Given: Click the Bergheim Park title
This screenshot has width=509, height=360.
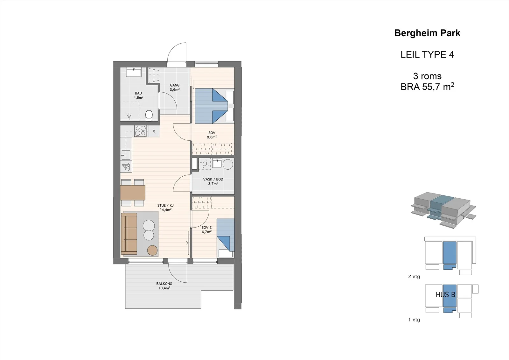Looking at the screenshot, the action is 427,33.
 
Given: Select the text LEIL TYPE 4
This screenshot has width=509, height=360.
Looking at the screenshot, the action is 427,54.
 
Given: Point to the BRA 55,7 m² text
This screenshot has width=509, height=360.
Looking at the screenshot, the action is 427,87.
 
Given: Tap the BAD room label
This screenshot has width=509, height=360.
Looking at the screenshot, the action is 138,93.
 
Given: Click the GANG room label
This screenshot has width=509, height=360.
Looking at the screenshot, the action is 175,85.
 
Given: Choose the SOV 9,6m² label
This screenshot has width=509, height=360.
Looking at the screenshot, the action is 212,135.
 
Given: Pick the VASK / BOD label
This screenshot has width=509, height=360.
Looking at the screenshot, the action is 213,179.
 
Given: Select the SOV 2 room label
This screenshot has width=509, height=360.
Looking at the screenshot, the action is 206,227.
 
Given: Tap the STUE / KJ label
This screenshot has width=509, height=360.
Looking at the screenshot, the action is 165,205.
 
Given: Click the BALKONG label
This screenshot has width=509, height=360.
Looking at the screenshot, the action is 164,284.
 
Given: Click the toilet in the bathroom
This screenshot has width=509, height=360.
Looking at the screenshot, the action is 149,116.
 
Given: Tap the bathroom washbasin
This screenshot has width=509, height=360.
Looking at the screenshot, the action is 134,72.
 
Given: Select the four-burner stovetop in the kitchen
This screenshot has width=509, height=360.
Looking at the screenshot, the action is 140,131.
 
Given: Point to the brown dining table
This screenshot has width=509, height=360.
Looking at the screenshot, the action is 133,193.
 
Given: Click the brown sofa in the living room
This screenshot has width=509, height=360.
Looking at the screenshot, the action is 129,234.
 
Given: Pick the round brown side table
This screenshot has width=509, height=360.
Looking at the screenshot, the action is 152,251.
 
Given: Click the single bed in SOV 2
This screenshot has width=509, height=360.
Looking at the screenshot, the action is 226,238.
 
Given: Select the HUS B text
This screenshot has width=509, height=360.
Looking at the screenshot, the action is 445,295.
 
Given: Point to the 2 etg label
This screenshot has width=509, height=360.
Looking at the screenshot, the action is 414,277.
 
